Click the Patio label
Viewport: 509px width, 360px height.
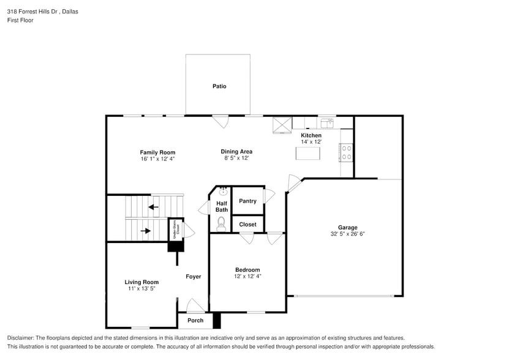(x=219, y=86)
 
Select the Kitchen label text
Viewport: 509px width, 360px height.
(x=311, y=135)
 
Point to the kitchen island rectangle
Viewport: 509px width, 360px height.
(x=308, y=153)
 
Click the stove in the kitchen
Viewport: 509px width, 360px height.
(x=347, y=152)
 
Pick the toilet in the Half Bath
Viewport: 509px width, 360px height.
(x=221, y=224)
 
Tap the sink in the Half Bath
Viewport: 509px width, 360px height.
(x=224, y=191)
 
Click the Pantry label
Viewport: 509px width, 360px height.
(x=247, y=201)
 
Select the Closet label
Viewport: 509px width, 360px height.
(x=247, y=225)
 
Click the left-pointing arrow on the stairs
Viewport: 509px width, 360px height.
(x=153, y=207)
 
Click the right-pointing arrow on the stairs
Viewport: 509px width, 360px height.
(x=146, y=231)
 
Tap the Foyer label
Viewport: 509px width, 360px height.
(x=194, y=277)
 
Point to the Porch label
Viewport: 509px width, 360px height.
(x=195, y=320)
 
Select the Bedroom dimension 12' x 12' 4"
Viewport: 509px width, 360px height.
(x=247, y=276)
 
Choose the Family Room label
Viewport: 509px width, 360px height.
(x=157, y=152)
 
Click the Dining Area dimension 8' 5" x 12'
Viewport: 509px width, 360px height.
(x=236, y=158)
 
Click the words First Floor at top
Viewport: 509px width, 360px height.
(x=20, y=20)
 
